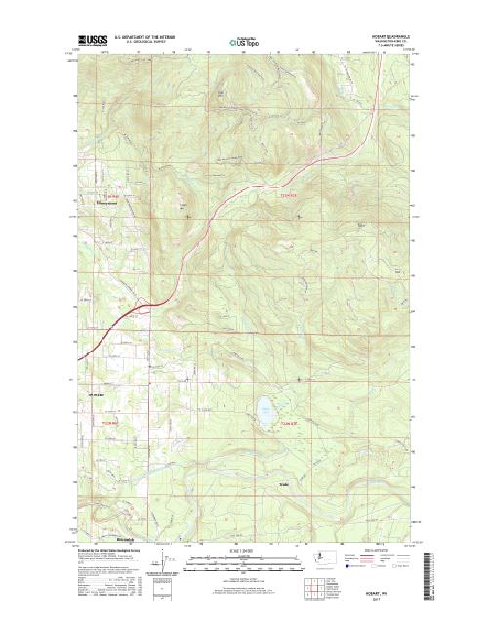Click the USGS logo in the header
point(94,42)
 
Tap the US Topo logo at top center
point(243,43)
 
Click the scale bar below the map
point(243,560)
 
